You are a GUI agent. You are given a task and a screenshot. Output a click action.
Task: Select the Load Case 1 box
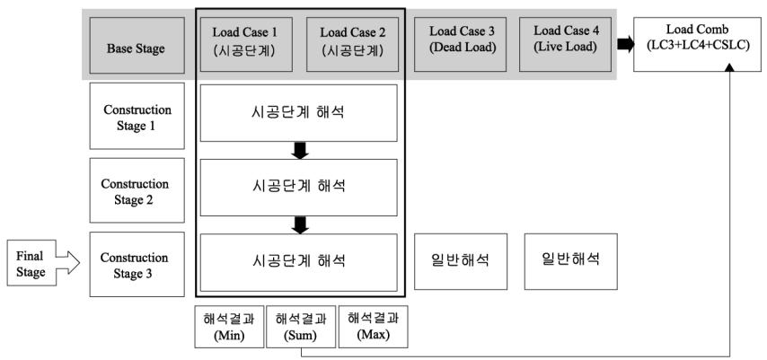(x=244, y=45)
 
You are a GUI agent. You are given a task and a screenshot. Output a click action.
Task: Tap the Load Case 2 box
(x=353, y=45)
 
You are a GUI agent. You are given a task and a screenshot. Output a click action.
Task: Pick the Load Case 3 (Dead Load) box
(x=463, y=45)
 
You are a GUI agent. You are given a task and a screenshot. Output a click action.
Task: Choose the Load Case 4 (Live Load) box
(x=566, y=45)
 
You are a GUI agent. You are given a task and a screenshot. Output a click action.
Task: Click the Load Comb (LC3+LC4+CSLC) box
(x=700, y=45)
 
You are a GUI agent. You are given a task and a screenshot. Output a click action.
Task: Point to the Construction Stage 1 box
(x=137, y=116)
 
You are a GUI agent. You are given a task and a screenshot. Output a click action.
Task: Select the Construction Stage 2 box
(x=137, y=190)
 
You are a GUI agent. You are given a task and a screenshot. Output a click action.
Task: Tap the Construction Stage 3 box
(x=137, y=264)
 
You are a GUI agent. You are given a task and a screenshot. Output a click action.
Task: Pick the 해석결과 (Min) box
(x=229, y=327)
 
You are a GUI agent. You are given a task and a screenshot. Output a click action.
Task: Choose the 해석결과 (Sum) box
(x=301, y=327)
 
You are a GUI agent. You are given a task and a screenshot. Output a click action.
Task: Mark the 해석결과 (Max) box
(x=374, y=327)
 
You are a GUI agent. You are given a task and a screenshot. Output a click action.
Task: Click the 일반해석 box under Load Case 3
(x=461, y=261)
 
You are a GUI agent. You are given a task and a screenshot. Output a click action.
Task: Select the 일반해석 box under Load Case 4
(x=571, y=261)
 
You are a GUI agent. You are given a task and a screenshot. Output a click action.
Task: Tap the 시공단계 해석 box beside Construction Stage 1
(x=299, y=113)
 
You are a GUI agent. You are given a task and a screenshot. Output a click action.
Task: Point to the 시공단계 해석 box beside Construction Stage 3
(x=299, y=263)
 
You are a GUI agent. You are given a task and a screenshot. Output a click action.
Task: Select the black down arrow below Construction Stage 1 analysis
(x=299, y=150)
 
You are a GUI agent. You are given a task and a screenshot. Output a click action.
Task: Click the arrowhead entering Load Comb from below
(x=730, y=69)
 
